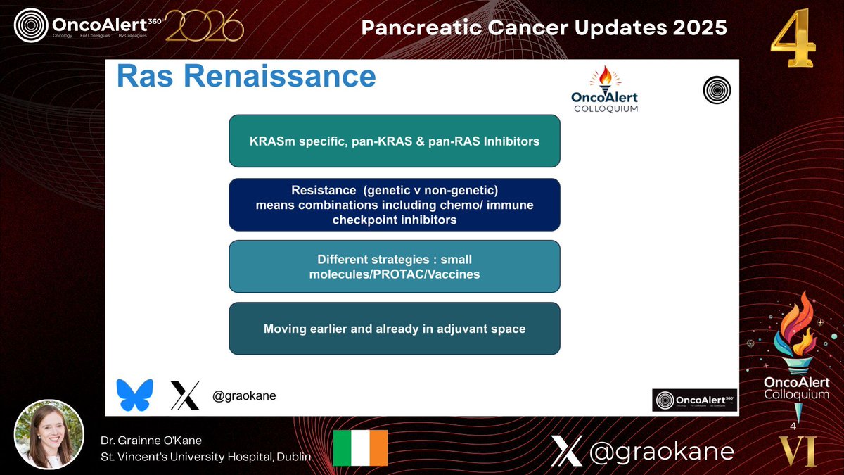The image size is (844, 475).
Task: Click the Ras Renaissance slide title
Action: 246,77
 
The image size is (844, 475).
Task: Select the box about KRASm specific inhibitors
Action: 394,141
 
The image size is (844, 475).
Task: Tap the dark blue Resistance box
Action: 394,205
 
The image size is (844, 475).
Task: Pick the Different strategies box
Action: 394,266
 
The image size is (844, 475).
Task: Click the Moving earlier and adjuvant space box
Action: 394,328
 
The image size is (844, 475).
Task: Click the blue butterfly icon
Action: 134,395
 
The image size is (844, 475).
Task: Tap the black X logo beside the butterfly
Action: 185,395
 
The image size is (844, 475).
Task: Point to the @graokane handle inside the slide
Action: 244,396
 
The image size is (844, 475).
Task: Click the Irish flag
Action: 360,448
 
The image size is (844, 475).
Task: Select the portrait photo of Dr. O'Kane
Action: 49,435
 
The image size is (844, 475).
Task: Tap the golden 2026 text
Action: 204,27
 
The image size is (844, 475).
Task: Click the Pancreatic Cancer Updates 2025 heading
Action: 544,28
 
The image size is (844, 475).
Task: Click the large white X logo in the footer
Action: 566,450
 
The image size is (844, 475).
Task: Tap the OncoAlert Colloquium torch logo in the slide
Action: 605,89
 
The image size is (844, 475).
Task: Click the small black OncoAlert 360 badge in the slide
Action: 694,400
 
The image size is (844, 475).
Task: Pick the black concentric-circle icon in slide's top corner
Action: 716,89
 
